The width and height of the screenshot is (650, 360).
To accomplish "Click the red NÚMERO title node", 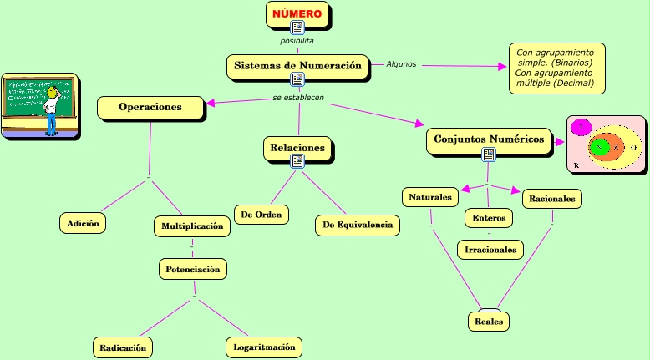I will coord(297,14).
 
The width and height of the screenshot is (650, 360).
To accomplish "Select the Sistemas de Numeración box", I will coord(297,65).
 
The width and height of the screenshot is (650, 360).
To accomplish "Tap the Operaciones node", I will coord(150,108).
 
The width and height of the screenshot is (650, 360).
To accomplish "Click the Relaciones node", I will coord(297,148).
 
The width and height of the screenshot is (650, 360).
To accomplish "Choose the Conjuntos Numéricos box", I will coord(489,139).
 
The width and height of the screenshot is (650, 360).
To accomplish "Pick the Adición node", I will coord(83,223).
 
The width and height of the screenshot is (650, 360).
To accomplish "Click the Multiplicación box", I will coord(192,226).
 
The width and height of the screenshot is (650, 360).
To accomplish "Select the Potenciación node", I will coord(192,270).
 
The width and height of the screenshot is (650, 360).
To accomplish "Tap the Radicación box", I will coord(123,347).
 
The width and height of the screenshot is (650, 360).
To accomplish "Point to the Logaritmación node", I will coord(263,347).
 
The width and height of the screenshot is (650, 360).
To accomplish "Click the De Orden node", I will coord(262,215).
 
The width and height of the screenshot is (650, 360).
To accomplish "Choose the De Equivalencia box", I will coord(358,226).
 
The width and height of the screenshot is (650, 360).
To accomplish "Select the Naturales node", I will coord(430,198).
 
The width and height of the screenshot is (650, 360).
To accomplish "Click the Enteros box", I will coord(489,218).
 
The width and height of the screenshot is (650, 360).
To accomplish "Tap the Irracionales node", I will coord(490,249).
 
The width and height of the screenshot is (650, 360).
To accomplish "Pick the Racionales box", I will coord(552,199).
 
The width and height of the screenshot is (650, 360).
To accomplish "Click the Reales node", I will coord(488,321).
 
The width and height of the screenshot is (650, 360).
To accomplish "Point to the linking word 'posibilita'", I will coord(297,40).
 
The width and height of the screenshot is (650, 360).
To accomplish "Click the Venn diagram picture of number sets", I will coord(607,145).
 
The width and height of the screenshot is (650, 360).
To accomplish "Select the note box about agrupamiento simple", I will coord(555,68).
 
